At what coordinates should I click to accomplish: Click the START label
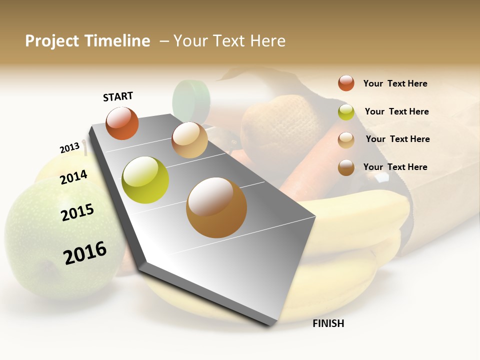pos(118,96)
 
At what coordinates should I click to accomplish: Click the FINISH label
pos(328,323)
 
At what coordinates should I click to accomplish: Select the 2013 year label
pos(69,148)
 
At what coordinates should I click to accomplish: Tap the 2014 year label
pos(73,177)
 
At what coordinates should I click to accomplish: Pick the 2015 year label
pos(77,212)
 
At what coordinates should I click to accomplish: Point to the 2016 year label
pos(85,252)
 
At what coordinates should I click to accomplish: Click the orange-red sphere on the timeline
pos(122,123)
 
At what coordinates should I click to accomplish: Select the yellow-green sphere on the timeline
pos(145,180)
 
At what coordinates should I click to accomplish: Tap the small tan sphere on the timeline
pos(189,140)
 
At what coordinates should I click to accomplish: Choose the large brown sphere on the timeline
pos(216,207)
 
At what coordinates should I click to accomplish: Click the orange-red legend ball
pos(346,83)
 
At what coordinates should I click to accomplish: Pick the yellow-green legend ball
pos(346,112)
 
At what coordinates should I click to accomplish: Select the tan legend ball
pos(346,139)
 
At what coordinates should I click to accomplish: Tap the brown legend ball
pos(346,167)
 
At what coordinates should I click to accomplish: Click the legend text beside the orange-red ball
pos(395,83)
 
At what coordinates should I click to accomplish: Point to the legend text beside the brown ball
pos(395,167)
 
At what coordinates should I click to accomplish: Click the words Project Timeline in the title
pos(87,41)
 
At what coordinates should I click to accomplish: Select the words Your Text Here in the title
pos(229,41)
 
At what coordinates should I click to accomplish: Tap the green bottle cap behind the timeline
pos(191,97)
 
